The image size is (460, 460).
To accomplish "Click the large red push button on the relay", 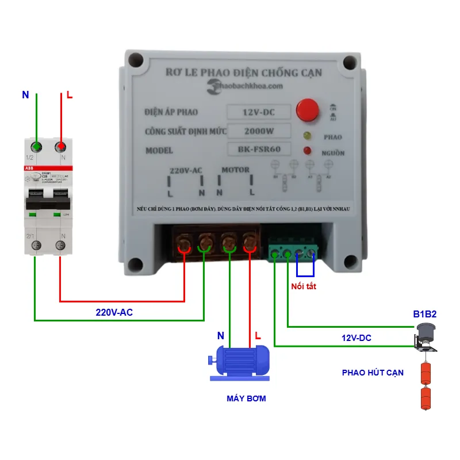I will click(308, 109).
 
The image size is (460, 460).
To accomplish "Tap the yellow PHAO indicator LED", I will click(306, 136).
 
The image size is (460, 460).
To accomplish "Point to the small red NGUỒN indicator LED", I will click(307, 151).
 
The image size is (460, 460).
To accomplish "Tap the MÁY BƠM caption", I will click(246, 398).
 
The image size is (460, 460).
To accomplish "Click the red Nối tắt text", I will click(304, 286).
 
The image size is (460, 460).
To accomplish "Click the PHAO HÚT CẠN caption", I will click(373, 373).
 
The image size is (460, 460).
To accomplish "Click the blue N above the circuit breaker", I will click(25, 95).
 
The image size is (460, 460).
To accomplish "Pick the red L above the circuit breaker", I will click(70, 95).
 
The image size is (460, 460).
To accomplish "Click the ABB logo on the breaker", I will click(29, 167).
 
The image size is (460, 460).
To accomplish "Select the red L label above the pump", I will click(258, 335).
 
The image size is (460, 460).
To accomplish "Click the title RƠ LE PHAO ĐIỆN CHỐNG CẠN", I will click(243, 72).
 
